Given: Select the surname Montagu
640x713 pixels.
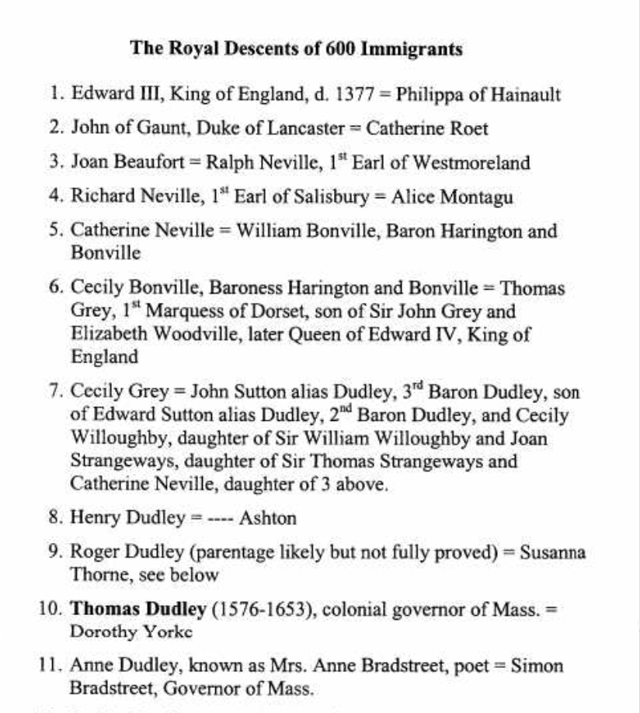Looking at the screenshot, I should (x=476, y=197).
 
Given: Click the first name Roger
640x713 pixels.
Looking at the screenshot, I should (x=93, y=552).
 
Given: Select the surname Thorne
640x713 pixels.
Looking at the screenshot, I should (x=96, y=576).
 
